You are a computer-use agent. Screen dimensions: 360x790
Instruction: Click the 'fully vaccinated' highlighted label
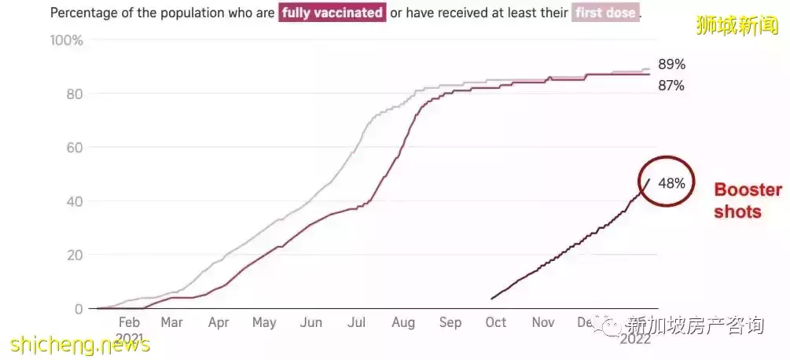pos(333,13)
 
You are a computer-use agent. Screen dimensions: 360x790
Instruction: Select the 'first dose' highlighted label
pos(604,13)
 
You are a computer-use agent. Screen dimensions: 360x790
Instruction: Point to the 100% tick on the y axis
pos(66,40)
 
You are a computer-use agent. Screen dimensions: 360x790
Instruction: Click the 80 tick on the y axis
pos(75,94)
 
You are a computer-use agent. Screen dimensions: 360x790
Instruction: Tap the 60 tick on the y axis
pos(75,147)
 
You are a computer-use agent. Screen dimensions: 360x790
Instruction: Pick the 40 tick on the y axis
pos(75,201)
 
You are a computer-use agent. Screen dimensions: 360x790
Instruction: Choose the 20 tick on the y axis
pos(75,255)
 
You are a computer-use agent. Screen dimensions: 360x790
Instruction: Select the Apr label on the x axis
pos(219,322)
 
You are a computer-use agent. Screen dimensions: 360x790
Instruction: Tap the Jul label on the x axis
pos(358,322)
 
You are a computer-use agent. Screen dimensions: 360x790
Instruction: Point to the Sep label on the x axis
pos(450,322)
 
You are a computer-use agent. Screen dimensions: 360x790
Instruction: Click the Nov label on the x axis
pos(543,322)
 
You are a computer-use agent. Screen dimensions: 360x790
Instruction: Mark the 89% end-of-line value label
pos(671,64)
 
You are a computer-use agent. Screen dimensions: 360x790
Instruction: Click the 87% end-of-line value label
pos(671,86)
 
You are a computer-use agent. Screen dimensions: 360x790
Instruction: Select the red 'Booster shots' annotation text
pos(747,200)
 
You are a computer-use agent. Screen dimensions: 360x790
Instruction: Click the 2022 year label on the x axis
pos(634,340)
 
